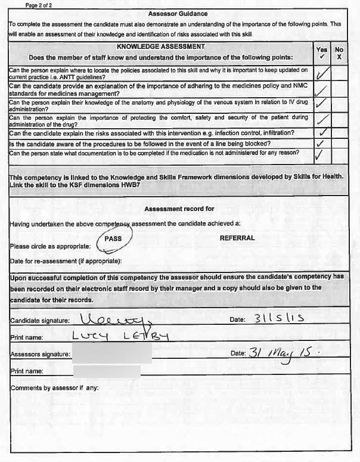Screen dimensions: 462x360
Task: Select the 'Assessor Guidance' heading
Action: coord(178,14)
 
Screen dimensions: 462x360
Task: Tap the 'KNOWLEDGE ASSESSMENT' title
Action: coord(161,46)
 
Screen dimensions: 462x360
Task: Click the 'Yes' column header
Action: coord(322,51)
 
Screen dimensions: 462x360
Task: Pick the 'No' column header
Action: coord(339,51)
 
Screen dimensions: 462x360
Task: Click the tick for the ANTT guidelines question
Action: coord(322,74)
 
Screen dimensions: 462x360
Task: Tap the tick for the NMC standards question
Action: coord(322,90)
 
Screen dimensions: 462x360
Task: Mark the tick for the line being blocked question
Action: coord(322,144)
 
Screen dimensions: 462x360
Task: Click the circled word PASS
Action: coord(113,238)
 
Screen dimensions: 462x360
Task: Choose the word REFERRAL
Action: coord(237,238)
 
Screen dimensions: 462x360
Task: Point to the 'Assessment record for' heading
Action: coord(179,209)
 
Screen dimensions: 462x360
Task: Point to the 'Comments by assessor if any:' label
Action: coord(54,388)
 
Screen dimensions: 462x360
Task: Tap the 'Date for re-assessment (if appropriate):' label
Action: coord(66,261)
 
